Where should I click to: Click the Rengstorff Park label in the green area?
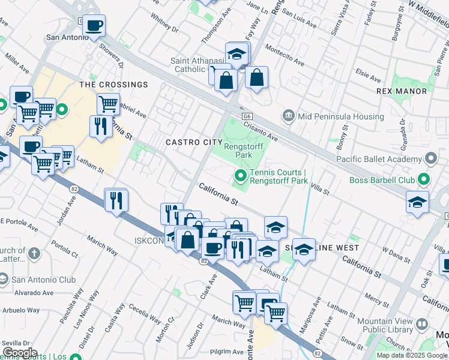pyautogui.click(x=246, y=150)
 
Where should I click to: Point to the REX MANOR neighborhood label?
pyautogui.click(x=402, y=91)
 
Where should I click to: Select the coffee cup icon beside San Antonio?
pyautogui.click(x=94, y=26)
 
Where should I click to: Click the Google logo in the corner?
pyautogui.click(x=20, y=353)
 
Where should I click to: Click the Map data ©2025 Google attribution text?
pyautogui.click(x=411, y=355)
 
